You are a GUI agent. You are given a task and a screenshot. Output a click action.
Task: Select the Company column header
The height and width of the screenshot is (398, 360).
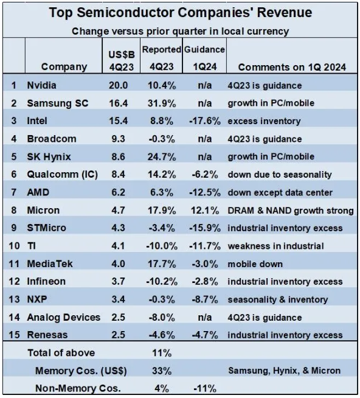(x=64, y=67)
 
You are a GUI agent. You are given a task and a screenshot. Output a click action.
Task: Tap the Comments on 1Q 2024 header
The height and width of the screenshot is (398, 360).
(x=292, y=67)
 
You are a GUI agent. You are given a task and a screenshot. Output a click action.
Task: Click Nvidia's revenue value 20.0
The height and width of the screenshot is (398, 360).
(x=118, y=85)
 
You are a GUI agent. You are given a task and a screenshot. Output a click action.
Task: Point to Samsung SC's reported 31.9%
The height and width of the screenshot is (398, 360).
(x=162, y=103)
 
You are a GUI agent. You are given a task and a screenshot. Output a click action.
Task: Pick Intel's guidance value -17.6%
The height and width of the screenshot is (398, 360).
(x=205, y=121)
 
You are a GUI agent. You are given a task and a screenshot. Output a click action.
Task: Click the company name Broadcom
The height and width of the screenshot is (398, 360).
(x=52, y=139)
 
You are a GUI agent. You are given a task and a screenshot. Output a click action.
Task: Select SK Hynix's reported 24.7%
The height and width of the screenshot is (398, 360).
(x=162, y=156)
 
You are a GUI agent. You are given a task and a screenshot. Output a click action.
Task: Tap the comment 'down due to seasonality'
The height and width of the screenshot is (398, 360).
(x=280, y=175)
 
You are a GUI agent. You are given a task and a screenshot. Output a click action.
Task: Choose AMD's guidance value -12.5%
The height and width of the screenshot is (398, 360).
(x=205, y=192)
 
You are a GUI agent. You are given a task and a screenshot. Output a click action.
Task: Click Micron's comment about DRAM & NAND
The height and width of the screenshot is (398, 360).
(x=291, y=211)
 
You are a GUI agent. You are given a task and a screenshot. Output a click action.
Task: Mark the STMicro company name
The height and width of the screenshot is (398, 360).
(x=46, y=228)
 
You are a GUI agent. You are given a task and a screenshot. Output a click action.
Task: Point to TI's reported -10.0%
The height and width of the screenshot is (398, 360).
(x=162, y=246)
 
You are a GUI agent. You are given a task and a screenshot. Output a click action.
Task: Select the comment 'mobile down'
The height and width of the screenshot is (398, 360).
(x=255, y=264)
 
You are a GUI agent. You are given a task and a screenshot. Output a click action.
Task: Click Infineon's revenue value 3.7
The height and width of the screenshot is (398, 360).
(x=118, y=282)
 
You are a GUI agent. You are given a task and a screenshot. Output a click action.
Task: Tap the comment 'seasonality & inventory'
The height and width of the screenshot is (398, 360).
(x=278, y=299)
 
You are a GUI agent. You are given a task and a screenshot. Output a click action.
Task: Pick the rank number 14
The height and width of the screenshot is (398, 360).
(x=14, y=317)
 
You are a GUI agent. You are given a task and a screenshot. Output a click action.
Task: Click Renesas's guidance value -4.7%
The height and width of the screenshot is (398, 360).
(x=205, y=335)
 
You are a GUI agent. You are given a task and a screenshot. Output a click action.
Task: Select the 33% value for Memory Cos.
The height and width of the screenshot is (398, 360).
(x=162, y=371)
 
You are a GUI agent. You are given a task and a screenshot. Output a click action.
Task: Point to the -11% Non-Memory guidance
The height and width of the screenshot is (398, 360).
(x=205, y=389)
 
